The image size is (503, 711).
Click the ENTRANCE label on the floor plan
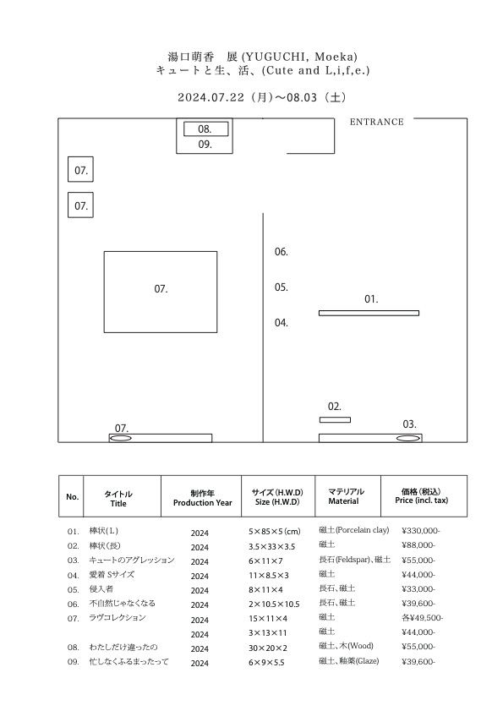click(376, 122)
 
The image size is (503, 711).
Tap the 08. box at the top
click(206, 129)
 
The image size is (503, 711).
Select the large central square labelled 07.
click(161, 292)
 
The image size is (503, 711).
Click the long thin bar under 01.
click(369, 313)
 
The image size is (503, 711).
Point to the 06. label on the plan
click(282, 252)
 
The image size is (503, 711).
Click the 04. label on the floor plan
click(282, 323)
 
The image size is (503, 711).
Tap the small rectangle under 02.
click(335, 420)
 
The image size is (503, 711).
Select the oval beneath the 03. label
click(408, 439)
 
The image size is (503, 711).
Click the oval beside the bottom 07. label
click(121, 439)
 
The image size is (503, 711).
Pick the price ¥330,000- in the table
click(421, 531)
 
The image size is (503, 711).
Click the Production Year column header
click(202, 503)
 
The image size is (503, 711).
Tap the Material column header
click(343, 501)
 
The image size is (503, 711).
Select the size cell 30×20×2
click(268, 648)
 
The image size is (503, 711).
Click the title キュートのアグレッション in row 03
click(132, 560)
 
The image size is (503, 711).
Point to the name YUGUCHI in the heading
click(277, 57)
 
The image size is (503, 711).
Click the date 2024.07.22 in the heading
click(210, 97)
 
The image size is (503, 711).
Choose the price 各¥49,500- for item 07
click(422, 618)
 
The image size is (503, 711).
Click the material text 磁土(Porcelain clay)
click(353, 530)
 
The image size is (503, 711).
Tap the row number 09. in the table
click(73, 662)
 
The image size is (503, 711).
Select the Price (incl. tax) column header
click(421, 500)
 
